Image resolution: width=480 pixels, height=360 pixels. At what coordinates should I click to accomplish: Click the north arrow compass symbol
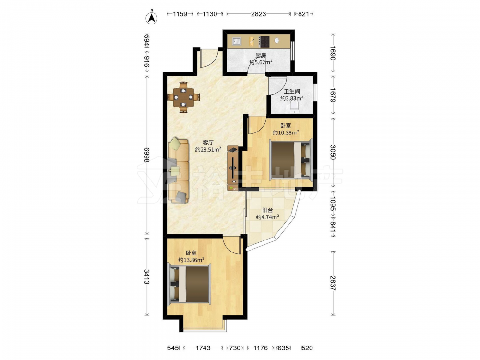151,18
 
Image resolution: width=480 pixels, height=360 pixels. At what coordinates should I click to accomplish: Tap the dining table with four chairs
183,97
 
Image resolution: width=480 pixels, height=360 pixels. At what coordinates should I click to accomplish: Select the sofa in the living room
178,170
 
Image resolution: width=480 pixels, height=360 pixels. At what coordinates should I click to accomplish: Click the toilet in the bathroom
294,107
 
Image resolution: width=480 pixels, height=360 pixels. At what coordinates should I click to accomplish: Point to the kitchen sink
236,41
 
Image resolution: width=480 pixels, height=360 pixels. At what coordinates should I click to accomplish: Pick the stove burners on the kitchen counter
264,41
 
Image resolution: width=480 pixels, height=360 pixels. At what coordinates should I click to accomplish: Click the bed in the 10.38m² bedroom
290,159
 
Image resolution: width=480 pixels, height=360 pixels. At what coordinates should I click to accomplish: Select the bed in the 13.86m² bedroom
189,284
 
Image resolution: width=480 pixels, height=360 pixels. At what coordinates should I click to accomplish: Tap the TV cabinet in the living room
232,168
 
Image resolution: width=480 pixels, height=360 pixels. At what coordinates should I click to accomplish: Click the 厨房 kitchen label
261,55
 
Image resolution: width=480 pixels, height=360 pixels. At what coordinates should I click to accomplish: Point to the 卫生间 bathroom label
292,91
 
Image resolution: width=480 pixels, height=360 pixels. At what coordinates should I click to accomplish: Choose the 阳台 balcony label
267,210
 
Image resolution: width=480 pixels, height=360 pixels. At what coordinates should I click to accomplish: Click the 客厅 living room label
208,143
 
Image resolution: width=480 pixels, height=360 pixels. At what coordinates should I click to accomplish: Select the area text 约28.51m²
208,150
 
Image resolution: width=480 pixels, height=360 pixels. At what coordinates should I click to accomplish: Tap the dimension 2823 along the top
259,14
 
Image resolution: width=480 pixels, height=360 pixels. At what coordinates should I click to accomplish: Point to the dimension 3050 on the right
333,152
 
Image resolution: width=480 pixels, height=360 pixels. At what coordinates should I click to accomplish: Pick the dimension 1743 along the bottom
203,348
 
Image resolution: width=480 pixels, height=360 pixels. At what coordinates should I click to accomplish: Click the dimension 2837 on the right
333,283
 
